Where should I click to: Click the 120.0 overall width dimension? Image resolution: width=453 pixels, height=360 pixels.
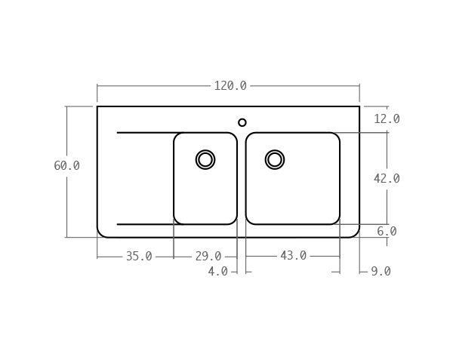click(230, 86)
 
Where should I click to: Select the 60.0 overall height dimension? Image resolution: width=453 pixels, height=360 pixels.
click(66, 166)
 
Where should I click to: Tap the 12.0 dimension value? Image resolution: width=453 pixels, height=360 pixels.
click(387, 119)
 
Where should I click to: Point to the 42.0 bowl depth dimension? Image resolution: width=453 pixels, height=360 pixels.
click(387, 179)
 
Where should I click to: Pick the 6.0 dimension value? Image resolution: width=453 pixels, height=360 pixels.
click(387, 231)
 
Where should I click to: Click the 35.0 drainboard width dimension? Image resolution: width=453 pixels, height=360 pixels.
click(139, 257)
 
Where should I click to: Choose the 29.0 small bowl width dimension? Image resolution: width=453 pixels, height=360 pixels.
click(208, 257)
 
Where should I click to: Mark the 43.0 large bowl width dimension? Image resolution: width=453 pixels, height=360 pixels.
click(293, 256)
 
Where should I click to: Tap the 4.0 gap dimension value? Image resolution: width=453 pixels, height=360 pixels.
click(218, 272)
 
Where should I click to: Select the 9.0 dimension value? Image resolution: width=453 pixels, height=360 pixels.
click(381, 272)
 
